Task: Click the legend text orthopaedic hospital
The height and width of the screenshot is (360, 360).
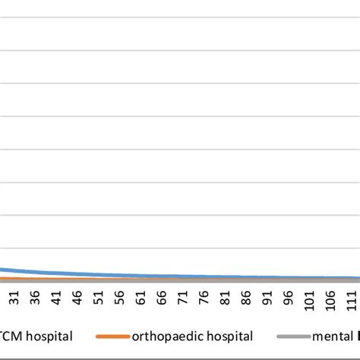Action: (191, 336)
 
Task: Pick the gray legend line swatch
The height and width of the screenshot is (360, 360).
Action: (292, 336)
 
